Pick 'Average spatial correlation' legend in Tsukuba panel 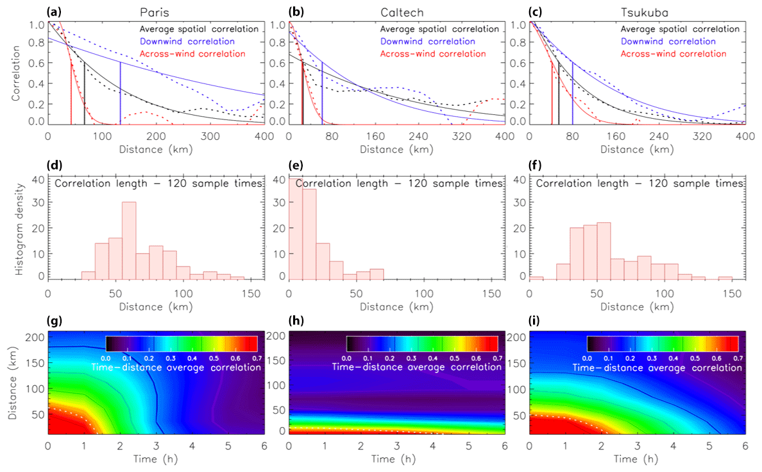point(680,29)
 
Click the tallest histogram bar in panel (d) point(128,241)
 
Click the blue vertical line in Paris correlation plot point(120,93)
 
